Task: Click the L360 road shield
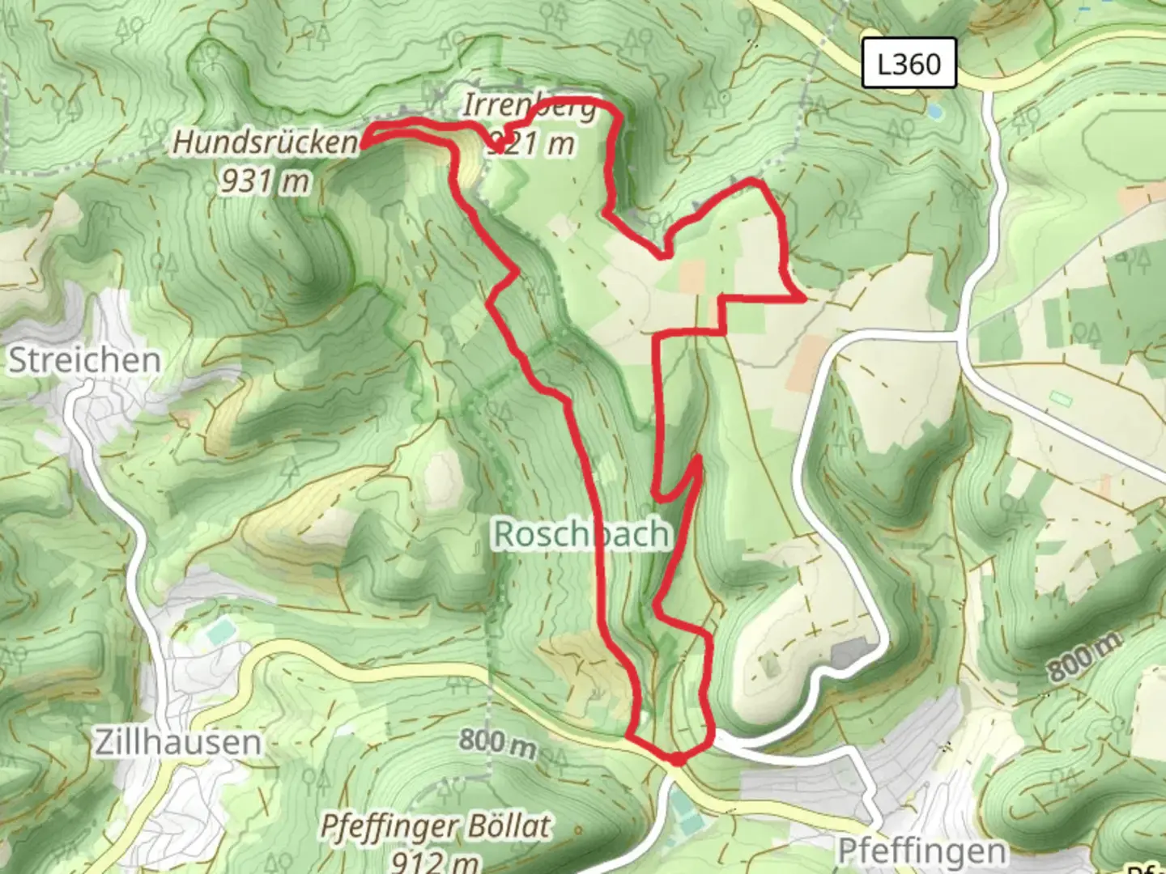point(909,63)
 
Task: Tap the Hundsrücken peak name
point(264,142)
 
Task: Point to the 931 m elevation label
point(265,180)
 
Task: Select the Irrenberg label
point(530,106)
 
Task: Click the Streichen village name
point(84,360)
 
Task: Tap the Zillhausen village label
point(178,741)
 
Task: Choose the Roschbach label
point(581,534)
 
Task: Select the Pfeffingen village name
point(921,851)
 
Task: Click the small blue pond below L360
point(935,110)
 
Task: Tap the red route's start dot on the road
point(676,759)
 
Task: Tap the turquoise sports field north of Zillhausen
point(219,631)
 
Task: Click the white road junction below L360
point(962,332)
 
